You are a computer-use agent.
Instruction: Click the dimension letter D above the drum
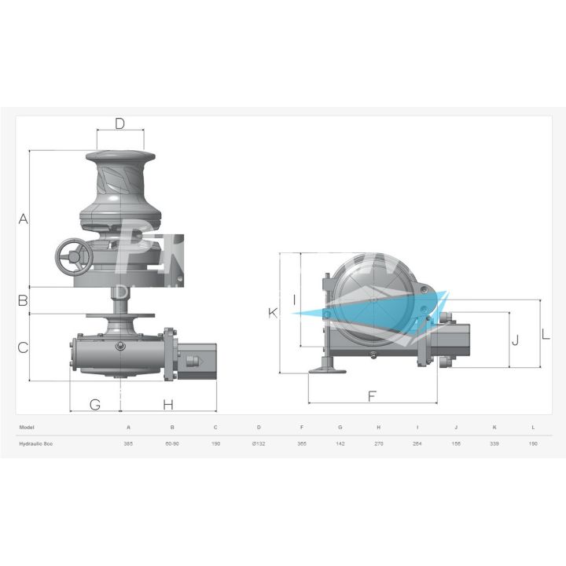click(x=119, y=123)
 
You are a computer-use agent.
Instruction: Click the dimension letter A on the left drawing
click(x=23, y=219)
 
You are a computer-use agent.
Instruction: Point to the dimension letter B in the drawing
click(x=23, y=300)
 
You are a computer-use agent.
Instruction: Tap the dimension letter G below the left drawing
click(x=94, y=405)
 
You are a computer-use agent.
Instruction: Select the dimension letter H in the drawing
click(x=168, y=405)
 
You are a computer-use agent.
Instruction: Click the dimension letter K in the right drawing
click(x=273, y=313)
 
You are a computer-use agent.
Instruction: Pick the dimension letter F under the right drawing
click(x=373, y=396)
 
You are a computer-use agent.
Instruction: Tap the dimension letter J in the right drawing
click(x=516, y=340)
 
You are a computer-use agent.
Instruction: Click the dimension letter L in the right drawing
click(x=546, y=333)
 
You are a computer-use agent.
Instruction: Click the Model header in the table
click(x=27, y=427)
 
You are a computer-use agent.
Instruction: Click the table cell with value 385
click(x=128, y=444)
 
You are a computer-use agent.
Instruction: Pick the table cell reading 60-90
click(x=172, y=444)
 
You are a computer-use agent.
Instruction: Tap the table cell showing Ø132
click(x=259, y=444)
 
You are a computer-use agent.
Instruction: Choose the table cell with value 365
click(x=302, y=444)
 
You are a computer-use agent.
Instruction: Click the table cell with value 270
click(x=378, y=444)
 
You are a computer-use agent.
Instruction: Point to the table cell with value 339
click(x=494, y=444)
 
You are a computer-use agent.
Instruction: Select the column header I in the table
click(x=417, y=427)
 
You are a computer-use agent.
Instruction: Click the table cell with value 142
click(x=340, y=444)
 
